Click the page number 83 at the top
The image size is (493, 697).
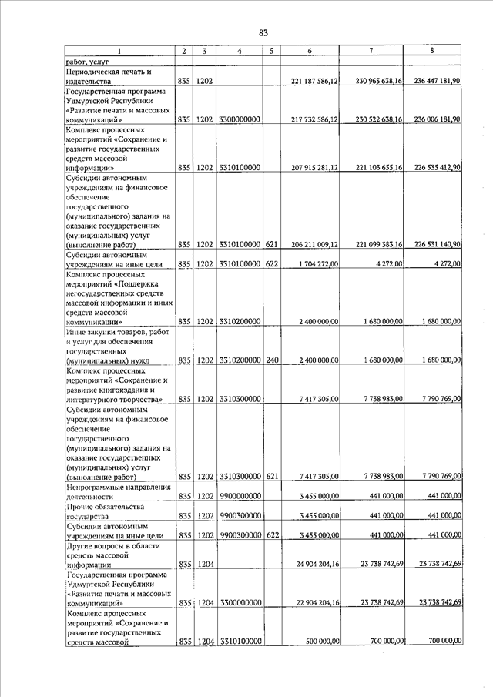point(263,32)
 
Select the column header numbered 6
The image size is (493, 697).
point(309,51)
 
